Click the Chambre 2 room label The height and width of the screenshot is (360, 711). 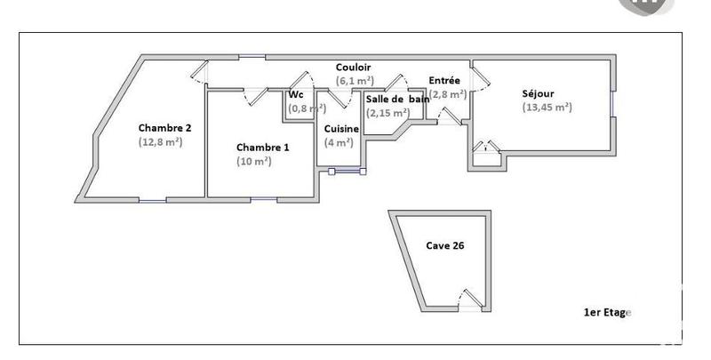(164, 127)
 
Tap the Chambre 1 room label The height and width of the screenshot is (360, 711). (262, 147)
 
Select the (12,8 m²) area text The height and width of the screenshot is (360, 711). (160, 141)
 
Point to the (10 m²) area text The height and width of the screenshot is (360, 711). (253, 161)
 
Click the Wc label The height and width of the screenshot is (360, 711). (296, 95)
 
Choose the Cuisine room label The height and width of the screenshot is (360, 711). (341, 129)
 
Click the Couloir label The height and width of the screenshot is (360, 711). (353, 68)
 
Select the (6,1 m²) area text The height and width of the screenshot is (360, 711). (355, 81)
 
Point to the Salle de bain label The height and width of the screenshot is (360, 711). (397, 99)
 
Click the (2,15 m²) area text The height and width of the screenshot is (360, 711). (387, 113)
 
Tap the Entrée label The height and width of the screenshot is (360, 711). (444, 80)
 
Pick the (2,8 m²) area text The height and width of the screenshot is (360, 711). (447, 93)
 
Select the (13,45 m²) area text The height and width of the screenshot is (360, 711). (547, 107)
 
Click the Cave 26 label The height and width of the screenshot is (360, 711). (445, 245)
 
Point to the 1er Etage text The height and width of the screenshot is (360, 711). (606, 312)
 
